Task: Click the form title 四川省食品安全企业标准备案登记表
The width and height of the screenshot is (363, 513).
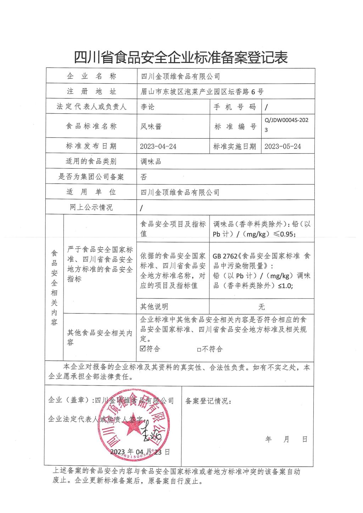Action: (181, 57)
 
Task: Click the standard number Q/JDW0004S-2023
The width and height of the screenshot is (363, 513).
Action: (286, 125)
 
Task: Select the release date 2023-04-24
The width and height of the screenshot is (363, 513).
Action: (158, 146)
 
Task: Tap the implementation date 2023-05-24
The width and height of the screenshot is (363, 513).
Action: (283, 146)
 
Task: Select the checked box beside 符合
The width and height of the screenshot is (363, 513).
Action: (143, 349)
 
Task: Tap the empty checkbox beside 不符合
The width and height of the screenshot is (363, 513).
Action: (199, 349)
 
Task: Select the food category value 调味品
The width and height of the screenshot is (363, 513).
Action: (151, 162)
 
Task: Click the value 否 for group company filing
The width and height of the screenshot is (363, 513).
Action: (144, 177)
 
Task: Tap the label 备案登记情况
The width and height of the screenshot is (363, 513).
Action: (208, 401)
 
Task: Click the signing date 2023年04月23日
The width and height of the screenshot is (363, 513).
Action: (140, 452)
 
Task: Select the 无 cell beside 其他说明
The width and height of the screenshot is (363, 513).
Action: (262, 306)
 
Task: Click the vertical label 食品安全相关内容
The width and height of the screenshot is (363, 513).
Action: (54, 288)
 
